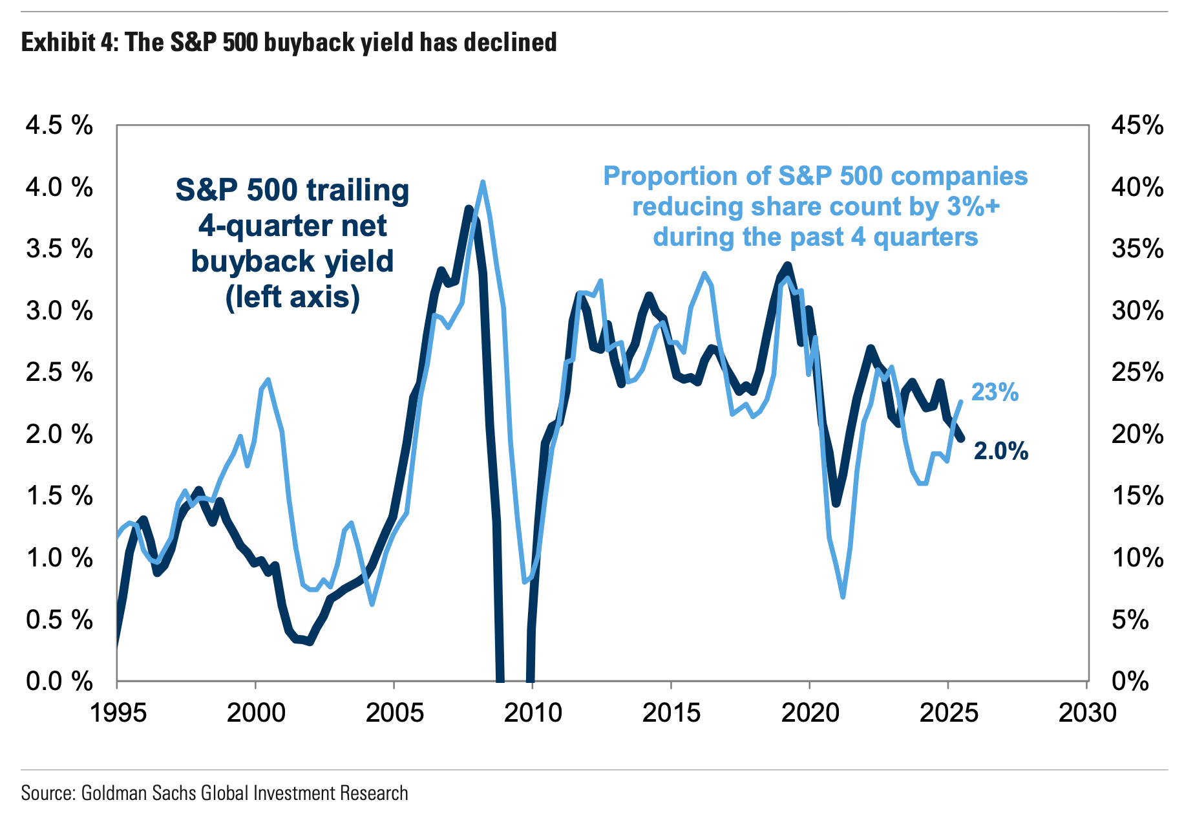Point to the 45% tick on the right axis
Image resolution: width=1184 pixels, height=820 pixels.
pos(1137,125)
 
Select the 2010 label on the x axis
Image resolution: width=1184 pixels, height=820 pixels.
pos(533,713)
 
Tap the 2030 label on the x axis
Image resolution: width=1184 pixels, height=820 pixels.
pos(1087,713)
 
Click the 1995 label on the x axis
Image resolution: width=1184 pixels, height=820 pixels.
pos(117,713)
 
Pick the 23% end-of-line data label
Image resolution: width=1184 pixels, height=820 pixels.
pos(995,392)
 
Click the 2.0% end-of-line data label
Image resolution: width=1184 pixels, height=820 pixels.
pos(1000,451)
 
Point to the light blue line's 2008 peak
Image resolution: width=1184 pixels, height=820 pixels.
pos(482,183)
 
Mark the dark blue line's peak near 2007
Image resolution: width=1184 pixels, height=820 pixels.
pos(469,209)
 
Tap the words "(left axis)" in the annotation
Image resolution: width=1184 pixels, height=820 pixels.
pos(292,297)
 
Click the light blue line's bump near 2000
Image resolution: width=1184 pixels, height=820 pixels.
pos(268,380)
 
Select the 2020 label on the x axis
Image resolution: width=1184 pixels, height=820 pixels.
pos(810,713)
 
